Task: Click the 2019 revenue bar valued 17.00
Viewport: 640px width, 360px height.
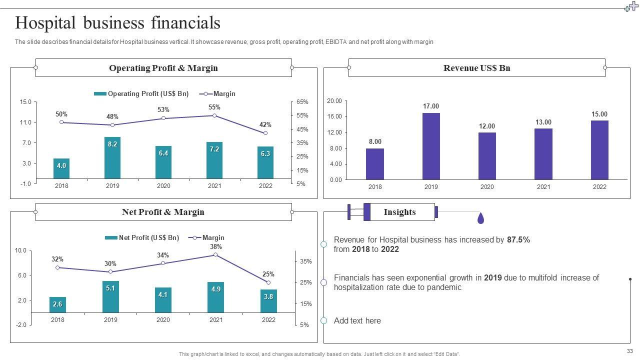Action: coord(431,146)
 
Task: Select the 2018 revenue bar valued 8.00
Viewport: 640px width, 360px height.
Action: coord(375,164)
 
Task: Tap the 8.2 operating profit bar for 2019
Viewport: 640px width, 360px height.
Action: coord(112,158)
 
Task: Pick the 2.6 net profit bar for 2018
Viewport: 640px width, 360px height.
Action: coord(57,304)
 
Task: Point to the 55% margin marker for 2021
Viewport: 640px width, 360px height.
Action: coord(214,115)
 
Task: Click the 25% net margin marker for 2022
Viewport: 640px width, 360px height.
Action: coord(268,282)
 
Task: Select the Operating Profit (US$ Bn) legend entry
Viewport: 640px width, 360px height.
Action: coord(141,93)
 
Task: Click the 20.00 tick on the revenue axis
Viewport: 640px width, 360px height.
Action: coord(334,101)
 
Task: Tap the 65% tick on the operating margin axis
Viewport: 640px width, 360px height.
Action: coord(302,102)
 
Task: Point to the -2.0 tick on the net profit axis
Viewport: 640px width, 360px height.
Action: coord(20,325)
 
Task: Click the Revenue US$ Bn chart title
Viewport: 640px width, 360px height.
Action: coord(476,68)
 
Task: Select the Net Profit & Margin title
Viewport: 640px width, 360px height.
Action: coord(163,212)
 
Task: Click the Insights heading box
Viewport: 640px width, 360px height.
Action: coord(399,212)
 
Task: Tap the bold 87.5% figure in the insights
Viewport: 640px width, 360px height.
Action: coord(518,239)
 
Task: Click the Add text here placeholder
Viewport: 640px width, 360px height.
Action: coord(357,320)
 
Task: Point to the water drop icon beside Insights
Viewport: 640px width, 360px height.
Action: coord(480,218)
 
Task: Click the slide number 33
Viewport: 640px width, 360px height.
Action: coord(629,351)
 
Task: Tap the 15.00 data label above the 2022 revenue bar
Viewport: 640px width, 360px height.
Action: coord(599,114)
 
